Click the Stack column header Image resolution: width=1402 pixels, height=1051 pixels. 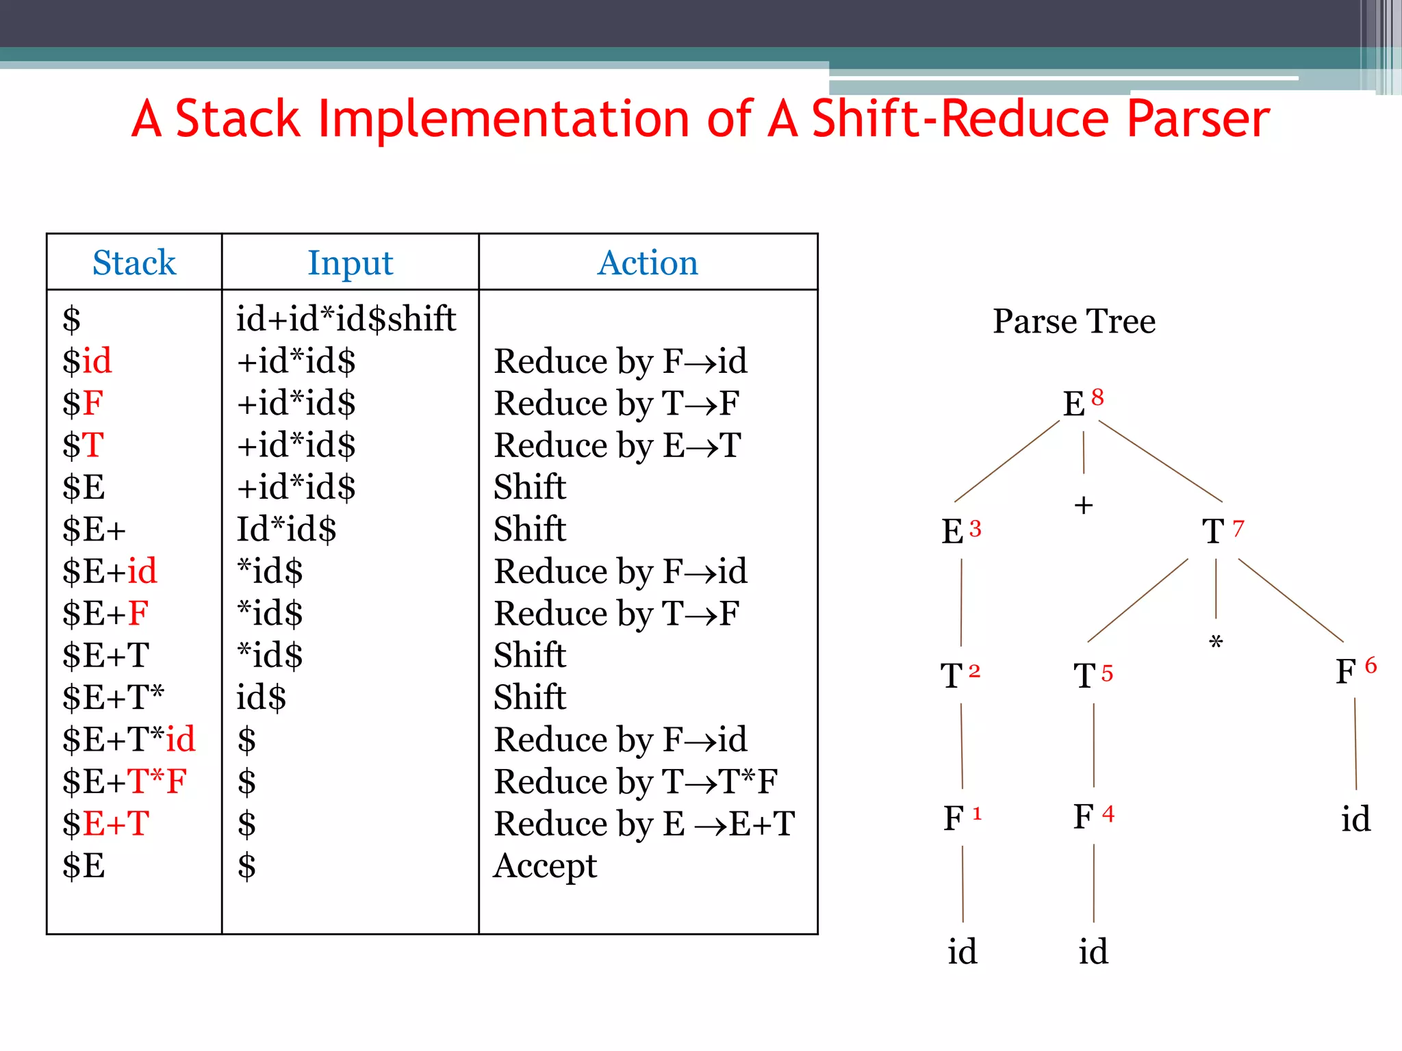click(x=134, y=263)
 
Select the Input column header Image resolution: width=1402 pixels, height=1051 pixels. click(x=350, y=263)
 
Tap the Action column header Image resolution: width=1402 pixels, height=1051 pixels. click(x=648, y=263)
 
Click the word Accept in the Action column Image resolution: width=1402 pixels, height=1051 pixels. click(x=546, y=866)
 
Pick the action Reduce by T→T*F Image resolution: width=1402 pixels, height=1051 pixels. click(x=635, y=781)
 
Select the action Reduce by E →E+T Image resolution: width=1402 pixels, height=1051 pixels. click(x=644, y=824)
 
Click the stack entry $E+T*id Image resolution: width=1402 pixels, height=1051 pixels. click(x=129, y=740)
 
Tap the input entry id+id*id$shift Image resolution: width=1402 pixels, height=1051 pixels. click(x=346, y=319)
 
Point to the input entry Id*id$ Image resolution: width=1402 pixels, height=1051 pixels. click(x=286, y=529)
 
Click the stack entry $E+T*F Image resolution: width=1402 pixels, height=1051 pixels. click(x=124, y=781)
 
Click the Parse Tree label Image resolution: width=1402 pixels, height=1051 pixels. click(x=1073, y=321)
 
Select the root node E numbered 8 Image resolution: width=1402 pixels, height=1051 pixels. click(x=1075, y=403)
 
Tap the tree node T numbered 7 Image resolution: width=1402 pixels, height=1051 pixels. click(x=1214, y=531)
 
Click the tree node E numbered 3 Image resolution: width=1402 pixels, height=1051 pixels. click(x=953, y=532)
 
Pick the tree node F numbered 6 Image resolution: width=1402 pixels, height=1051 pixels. click(x=1346, y=671)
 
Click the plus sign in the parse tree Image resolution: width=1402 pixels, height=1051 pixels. click(x=1083, y=506)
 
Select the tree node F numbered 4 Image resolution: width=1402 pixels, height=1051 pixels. click(x=1084, y=816)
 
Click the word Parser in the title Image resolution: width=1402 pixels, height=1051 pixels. click(x=1198, y=119)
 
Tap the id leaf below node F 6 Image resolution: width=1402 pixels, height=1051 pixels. click(x=1355, y=819)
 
